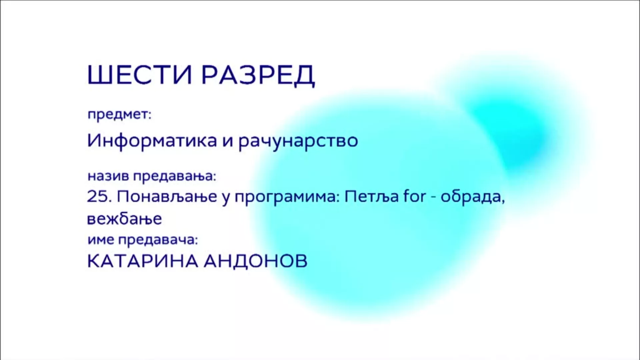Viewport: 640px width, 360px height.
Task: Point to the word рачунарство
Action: [298, 141]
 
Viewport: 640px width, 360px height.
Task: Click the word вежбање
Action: [125, 219]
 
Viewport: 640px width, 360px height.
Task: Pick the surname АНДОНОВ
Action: [256, 261]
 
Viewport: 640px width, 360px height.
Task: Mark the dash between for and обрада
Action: [434, 198]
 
